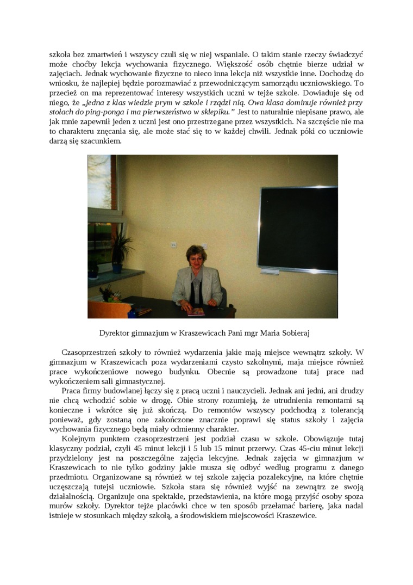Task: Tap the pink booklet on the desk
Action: click(196, 312)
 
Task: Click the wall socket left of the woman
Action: click(173, 245)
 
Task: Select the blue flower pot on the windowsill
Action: click(117, 267)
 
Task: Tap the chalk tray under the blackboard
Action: click(298, 270)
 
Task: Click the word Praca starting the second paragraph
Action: click(71, 391)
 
